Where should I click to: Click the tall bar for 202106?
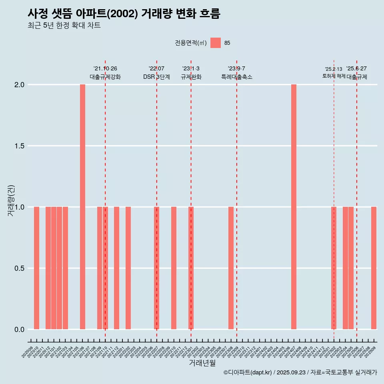[82, 207]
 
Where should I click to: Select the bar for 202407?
[294, 207]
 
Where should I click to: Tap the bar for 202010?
[36, 268]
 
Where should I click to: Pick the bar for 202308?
[231, 268]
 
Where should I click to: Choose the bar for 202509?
[374, 268]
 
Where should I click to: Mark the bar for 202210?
[174, 268]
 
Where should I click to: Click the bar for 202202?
[128, 268]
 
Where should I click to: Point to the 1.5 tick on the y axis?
[19, 146]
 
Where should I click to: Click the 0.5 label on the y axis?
[19, 268]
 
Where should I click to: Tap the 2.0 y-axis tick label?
[19, 85]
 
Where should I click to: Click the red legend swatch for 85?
[216, 43]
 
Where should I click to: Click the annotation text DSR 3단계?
[156, 77]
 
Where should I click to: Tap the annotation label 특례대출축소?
[237, 77]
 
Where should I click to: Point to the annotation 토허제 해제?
[334, 76]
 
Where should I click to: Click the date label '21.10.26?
[105, 69]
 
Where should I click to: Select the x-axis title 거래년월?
[202, 363]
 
